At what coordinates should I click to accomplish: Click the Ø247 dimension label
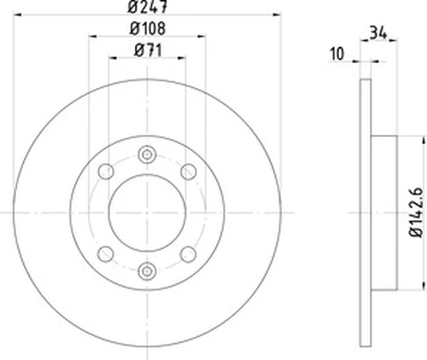click(x=147, y=7)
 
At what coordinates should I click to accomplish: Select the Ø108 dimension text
click(x=148, y=29)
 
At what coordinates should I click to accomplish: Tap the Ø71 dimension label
click(x=148, y=50)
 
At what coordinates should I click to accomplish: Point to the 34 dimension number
click(x=378, y=32)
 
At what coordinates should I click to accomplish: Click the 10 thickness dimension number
click(x=336, y=54)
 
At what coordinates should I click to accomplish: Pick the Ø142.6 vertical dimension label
click(x=416, y=212)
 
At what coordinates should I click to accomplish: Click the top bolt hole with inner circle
click(x=147, y=154)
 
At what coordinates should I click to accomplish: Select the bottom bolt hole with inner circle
click(x=147, y=271)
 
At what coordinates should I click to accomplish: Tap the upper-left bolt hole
click(x=106, y=171)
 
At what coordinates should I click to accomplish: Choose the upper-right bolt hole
click(x=189, y=171)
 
